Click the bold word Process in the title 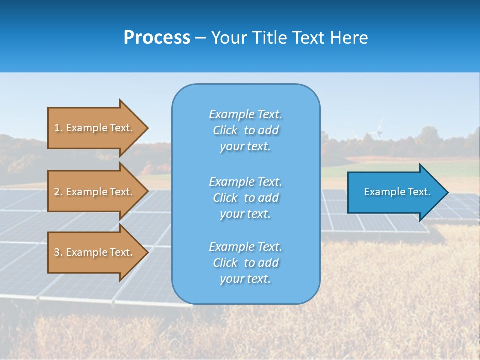click(x=157, y=38)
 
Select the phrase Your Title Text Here click(x=289, y=38)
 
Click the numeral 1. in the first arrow click(x=58, y=128)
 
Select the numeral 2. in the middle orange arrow click(x=58, y=192)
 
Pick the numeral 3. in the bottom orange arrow click(x=58, y=252)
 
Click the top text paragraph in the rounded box click(x=245, y=130)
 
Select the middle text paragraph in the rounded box click(x=245, y=198)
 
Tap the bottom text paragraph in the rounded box click(x=245, y=263)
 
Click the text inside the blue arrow click(x=397, y=192)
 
